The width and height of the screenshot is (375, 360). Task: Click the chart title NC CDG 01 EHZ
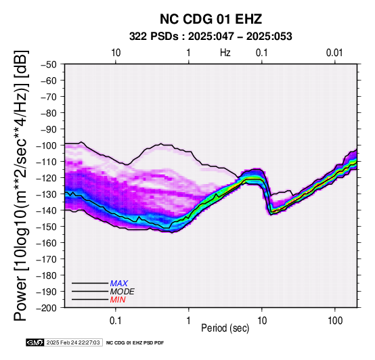click(211, 19)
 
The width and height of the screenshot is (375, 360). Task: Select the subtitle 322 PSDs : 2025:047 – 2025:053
click(211, 37)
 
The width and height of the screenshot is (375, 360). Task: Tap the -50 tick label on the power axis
click(49, 64)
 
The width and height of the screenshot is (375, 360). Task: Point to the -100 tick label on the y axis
click(47, 145)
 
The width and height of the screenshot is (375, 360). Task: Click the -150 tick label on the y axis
click(47, 227)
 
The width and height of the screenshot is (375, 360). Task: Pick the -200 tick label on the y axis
click(47, 308)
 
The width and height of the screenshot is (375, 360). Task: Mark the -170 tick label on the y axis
click(47, 259)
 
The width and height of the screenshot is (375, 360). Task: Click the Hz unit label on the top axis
click(225, 53)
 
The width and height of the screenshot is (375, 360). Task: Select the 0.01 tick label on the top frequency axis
click(334, 53)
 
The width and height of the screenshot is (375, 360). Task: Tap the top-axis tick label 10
click(116, 53)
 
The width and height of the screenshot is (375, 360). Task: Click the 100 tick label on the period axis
click(335, 320)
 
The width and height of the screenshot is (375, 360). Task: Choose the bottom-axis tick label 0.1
click(116, 320)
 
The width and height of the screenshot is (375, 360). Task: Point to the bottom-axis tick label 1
click(189, 320)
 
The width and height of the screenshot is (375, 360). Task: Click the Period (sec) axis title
click(225, 328)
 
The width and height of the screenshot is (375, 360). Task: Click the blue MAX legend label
click(119, 284)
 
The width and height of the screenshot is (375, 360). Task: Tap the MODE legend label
click(123, 292)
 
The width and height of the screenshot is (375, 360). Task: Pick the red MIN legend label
click(118, 300)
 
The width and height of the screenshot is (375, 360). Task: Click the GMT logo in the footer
click(35, 342)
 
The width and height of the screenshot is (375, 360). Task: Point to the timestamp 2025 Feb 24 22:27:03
click(73, 342)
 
